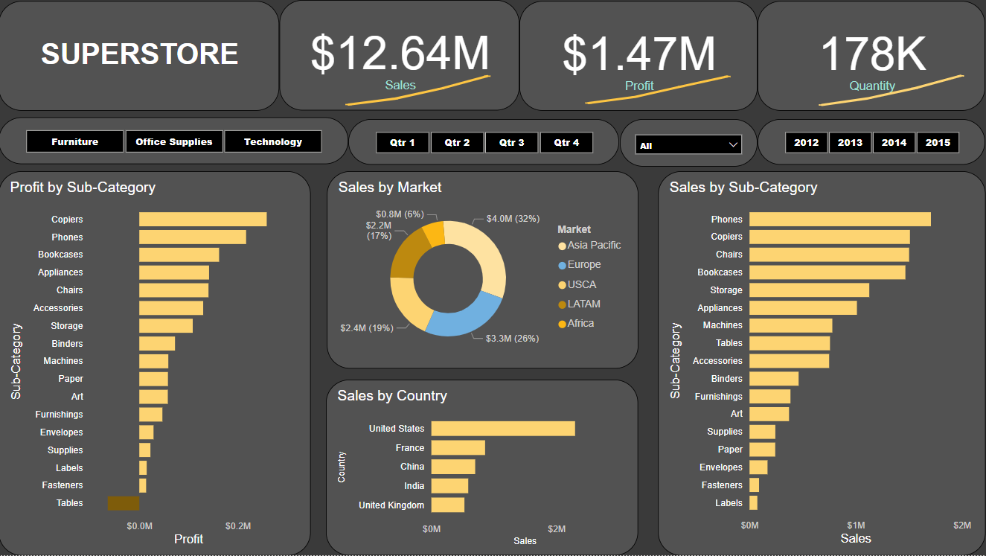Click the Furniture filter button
74,141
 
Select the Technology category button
273,141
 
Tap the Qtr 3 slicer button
512,142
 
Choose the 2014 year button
894,142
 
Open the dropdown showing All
688,145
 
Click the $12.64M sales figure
400,54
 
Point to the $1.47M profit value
638,54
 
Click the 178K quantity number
873,54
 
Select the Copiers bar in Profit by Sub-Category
202,220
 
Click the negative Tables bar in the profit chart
124,503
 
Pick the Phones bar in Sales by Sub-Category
839,219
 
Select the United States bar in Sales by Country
503,429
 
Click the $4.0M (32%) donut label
512,219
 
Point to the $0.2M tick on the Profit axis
238,525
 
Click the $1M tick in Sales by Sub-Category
856,525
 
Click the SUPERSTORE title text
140,54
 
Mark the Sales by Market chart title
389,188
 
